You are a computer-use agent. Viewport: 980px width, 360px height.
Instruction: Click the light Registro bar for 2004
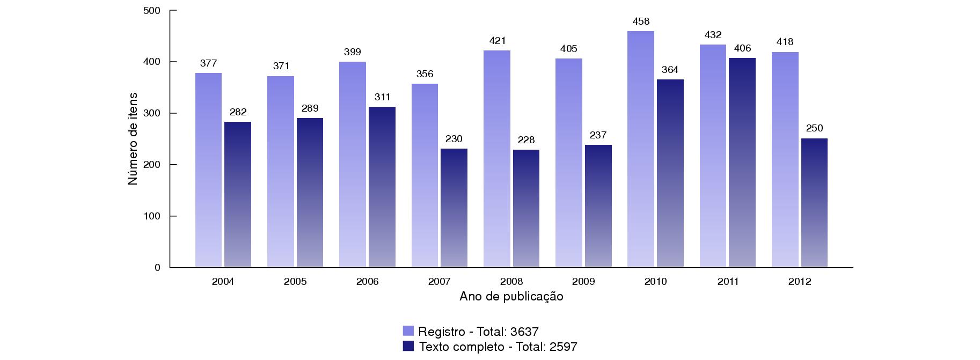tap(208, 170)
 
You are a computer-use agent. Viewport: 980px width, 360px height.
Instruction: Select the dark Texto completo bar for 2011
tap(742, 162)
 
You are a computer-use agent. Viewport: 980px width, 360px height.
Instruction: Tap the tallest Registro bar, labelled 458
tap(641, 149)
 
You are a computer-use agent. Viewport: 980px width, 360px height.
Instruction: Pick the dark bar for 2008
tap(526, 208)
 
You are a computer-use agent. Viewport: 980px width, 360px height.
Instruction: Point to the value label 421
tap(498, 41)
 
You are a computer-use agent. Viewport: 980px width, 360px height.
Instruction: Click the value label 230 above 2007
tap(454, 139)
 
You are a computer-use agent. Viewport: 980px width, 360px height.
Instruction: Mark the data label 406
tap(742, 48)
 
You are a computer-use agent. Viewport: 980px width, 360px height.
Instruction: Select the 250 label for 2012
tap(814, 129)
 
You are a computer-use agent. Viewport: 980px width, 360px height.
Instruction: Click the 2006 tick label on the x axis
tap(367, 282)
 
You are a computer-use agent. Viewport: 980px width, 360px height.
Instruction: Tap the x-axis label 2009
tap(583, 282)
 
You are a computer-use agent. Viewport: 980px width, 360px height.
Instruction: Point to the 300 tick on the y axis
tap(153, 113)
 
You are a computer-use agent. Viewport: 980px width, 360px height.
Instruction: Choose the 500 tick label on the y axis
tap(153, 11)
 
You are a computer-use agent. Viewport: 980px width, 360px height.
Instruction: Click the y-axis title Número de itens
tap(133, 139)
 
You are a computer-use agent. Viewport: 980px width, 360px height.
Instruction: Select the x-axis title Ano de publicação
tap(511, 297)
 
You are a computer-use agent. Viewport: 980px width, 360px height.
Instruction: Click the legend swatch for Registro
tap(408, 331)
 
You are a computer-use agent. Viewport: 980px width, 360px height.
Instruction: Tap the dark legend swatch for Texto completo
tap(408, 346)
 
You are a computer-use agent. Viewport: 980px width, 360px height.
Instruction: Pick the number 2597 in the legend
tap(563, 347)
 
